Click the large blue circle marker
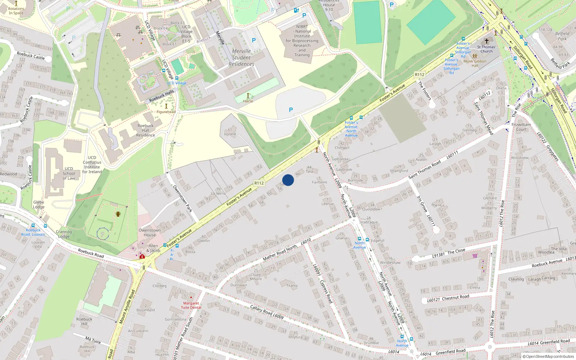pos(288,180)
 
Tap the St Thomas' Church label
pos(486,49)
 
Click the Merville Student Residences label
pos(241,58)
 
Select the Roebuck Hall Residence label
pos(145,130)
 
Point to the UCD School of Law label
pos(69,173)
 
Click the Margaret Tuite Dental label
pos(191,305)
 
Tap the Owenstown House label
pos(150,233)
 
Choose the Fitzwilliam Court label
pos(521,127)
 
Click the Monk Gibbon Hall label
pos(475,63)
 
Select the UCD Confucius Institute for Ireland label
pos(92,165)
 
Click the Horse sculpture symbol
pos(248,95)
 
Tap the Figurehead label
pos(166,112)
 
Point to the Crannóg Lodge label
pos(64,234)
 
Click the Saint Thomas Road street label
pos(424,170)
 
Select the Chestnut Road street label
pos(455,297)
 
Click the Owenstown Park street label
pos(183,198)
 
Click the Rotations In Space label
pos(16,11)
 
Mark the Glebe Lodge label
pos(39,204)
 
